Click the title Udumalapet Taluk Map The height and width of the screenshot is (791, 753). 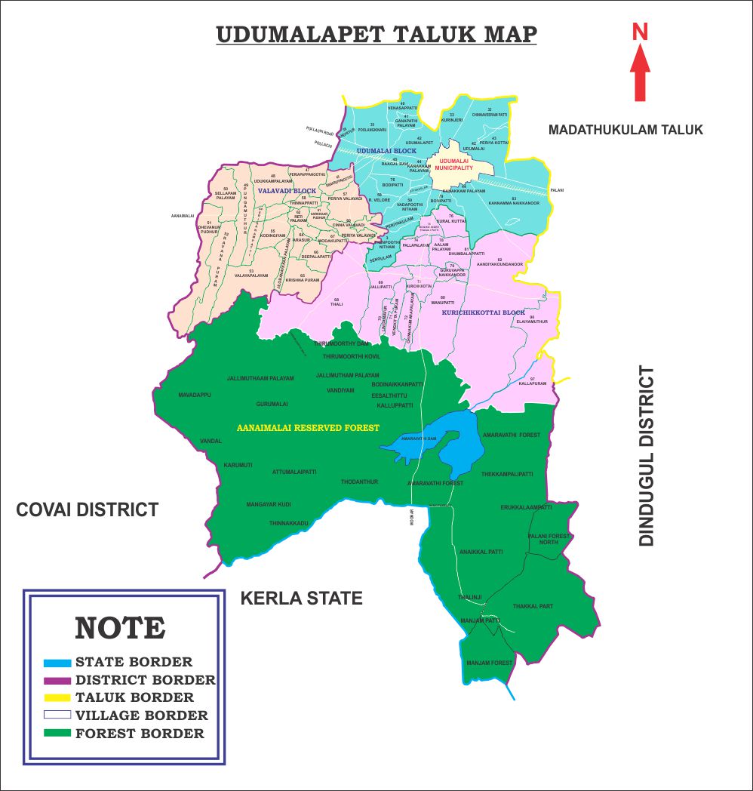[x=376, y=35]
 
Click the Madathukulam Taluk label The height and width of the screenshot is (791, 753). [x=625, y=130]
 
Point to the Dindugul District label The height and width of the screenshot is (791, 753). [x=647, y=456]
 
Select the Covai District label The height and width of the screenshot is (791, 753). [x=88, y=509]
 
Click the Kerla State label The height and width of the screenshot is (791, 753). [x=301, y=599]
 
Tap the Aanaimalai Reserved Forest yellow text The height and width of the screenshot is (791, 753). [x=308, y=427]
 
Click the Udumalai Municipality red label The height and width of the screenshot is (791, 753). [x=456, y=165]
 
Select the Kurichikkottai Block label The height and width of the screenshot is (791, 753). [x=483, y=312]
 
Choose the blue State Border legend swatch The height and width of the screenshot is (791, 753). [x=57, y=663]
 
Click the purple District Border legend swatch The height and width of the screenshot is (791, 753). [x=57, y=680]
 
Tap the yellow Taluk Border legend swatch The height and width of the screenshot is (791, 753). [x=57, y=697]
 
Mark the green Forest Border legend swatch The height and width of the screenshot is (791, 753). [x=57, y=733]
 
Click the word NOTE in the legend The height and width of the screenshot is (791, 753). [x=120, y=627]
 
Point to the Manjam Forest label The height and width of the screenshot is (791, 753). [x=489, y=663]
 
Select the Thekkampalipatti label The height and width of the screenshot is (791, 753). [x=507, y=474]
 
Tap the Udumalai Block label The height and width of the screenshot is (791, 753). [x=386, y=151]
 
